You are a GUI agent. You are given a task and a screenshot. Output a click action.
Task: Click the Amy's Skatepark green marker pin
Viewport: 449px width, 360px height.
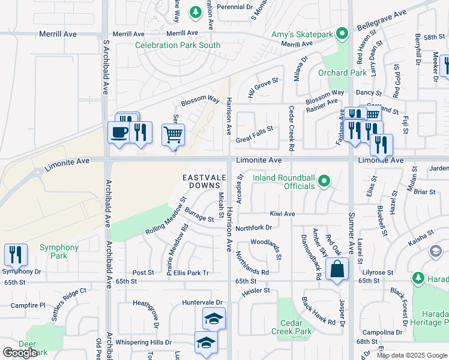click(342, 34)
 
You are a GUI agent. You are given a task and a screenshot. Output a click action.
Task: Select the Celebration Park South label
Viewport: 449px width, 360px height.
click(177, 45)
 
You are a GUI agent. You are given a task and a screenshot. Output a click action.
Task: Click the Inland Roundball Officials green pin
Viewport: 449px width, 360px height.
click(324, 181)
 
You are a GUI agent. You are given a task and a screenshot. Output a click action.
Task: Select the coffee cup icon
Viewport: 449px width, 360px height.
click(119, 131)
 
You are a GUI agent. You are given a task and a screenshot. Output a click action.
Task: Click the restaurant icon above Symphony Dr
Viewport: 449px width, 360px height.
click(16, 254)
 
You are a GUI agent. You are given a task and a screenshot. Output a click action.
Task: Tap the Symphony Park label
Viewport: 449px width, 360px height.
click(59, 247)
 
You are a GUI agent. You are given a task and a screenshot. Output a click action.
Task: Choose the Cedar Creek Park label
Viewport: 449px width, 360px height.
click(295, 326)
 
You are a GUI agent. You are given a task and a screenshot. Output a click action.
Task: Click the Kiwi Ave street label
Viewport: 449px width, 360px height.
click(282, 214)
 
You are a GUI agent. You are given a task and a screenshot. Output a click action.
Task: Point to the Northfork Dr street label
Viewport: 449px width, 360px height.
click(253, 228)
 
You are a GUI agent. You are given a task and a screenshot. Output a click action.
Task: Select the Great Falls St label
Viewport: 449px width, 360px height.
click(254, 128)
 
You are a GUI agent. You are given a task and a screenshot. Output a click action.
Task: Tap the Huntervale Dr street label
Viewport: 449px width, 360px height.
click(202, 303)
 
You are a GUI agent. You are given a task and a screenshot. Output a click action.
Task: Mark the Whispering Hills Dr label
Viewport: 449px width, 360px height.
click(143, 342)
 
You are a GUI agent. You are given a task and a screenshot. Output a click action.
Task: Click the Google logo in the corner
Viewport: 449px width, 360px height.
click(20, 353)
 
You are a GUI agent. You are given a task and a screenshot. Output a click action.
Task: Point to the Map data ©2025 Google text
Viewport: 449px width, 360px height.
click(411, 355)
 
